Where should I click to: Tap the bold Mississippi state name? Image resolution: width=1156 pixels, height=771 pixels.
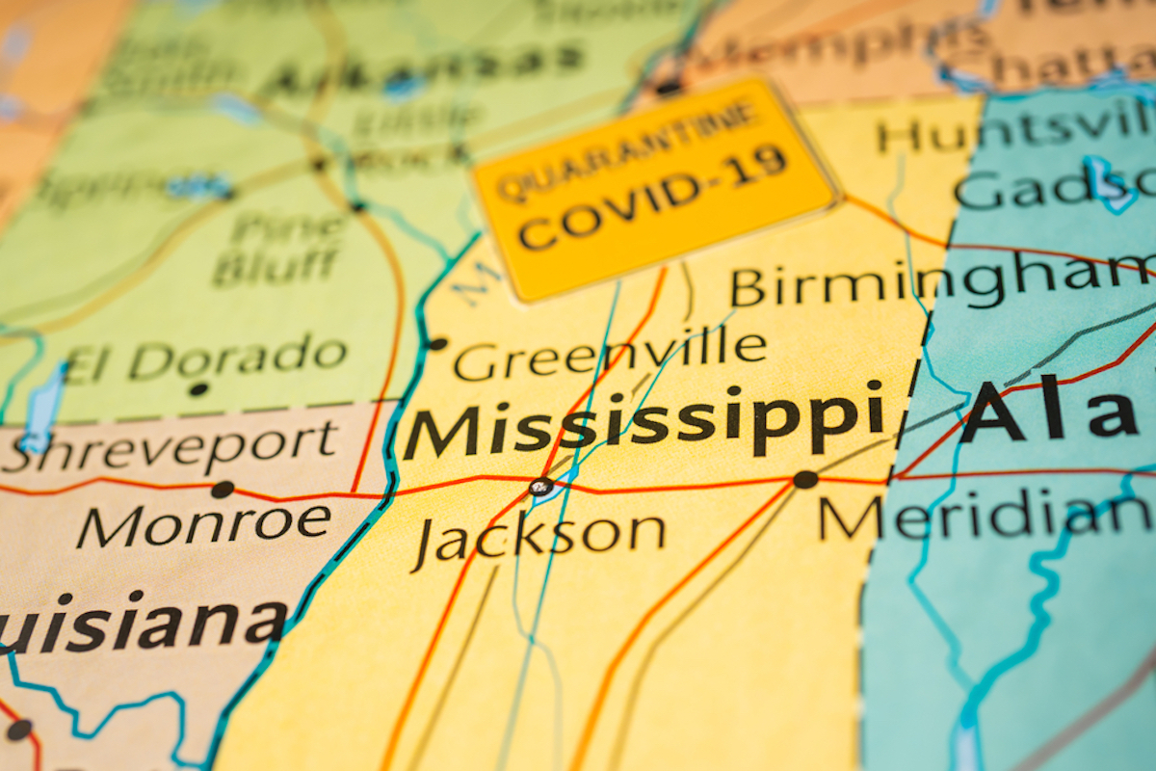pos(644,423)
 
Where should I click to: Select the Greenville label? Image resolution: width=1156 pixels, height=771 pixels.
pos(610,357)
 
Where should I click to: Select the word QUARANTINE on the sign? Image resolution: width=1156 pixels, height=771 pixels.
pos(627,148)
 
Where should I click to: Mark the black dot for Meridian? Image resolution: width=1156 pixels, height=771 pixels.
pos(805,479)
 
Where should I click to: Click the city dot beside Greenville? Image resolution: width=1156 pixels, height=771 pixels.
pos(437,343)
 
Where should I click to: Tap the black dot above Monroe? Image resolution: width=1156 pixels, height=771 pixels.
pos(223,489)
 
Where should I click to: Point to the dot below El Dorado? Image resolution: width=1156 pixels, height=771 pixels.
pos(198,389)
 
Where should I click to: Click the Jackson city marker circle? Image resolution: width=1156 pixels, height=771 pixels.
pos(541,486)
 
